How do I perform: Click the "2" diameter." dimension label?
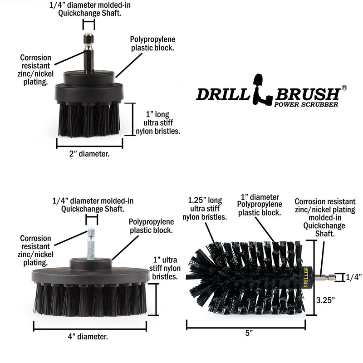(89, 154)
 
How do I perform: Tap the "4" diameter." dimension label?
(89, 337)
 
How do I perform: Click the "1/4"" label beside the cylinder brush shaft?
(353, 278)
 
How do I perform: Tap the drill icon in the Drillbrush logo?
(262, 89)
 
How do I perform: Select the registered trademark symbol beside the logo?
(344, 88)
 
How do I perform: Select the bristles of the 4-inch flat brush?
(89, 299)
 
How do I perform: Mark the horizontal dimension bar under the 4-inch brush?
(89, 326)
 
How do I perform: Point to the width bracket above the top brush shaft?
(89, 25)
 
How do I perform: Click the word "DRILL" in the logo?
(221, 94)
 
